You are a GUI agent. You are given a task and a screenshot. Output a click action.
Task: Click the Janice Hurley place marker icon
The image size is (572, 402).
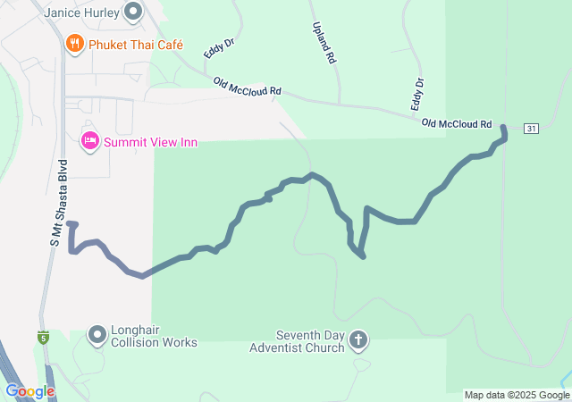(x=134, y=13)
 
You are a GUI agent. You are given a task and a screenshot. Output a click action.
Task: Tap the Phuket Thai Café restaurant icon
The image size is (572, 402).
(x=75, y=43)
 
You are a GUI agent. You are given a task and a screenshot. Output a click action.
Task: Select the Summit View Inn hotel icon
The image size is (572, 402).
(x=90, y=141)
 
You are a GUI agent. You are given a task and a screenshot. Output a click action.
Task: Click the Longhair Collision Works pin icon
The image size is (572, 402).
(x=97, y=335)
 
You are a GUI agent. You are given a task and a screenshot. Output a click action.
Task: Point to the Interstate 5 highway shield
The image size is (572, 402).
(x=42, y=337)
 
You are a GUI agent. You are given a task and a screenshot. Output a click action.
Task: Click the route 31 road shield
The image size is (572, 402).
(x=532, y=129)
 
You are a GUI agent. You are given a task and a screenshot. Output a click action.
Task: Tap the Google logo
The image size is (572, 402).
(x=29, y=391)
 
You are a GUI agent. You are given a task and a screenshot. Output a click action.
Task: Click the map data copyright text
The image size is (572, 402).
(x=517, y=395)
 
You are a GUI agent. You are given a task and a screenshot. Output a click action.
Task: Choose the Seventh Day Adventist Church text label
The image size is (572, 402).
(x=297, y=340)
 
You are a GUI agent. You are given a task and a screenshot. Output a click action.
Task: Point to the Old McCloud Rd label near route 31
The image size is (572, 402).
(x=457, y=123)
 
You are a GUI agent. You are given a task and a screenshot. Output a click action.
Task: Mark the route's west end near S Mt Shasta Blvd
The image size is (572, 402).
(x=69, y=223)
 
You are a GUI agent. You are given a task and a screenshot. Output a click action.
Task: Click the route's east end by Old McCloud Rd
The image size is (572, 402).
(x=502, y=127)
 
